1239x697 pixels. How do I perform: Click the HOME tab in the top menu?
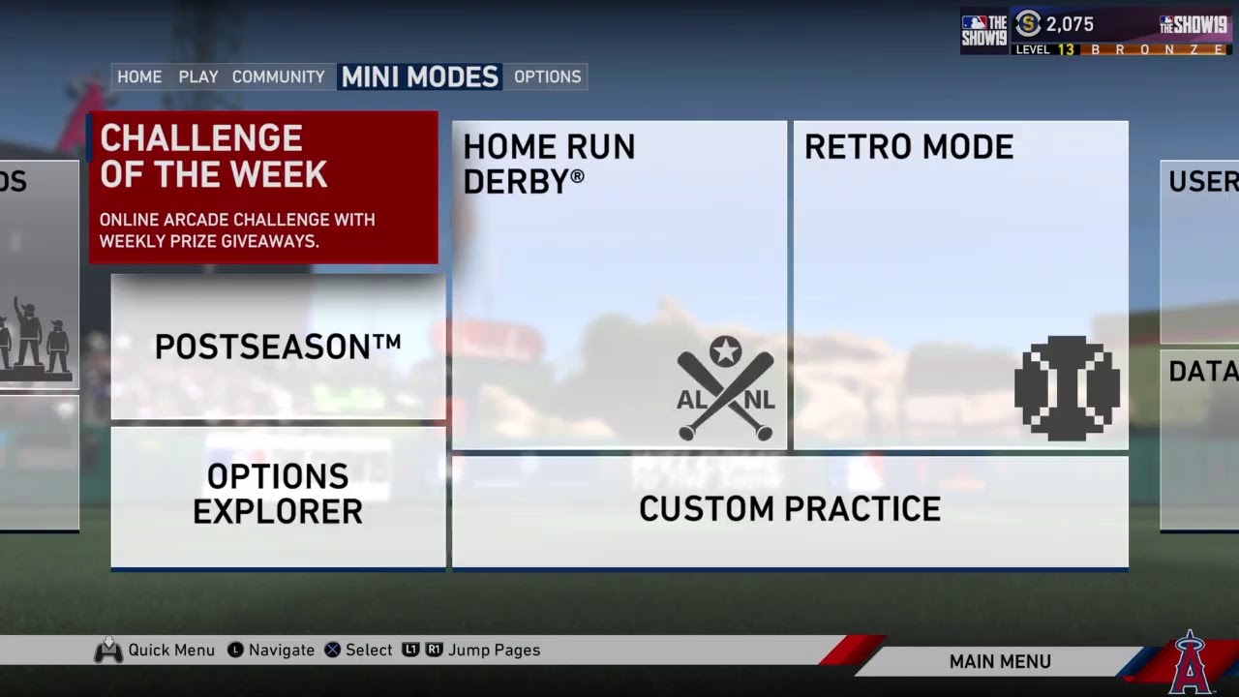pos(139,76)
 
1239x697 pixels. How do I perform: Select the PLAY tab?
pos(198,76)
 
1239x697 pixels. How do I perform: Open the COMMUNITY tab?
pos(278,76)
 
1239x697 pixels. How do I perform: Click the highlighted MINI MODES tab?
pos(420,76)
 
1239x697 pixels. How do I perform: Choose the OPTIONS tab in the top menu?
pos(547,76)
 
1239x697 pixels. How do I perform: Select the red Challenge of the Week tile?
pos(263,188)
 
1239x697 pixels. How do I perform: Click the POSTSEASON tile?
pos(278,347)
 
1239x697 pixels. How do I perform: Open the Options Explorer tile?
pos(278,494)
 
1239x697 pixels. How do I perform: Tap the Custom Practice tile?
pos(789,509)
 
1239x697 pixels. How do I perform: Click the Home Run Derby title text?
pos(549,163)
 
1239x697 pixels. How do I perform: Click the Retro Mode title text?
pos(908,147)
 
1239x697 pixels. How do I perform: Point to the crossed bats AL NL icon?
pos(725,388)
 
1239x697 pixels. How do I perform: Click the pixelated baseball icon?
pos(1067,388)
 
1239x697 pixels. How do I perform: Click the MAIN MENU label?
pos(1000,662)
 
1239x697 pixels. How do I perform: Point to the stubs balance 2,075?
pos(1069,25)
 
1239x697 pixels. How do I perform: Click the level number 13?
pos(1066,49)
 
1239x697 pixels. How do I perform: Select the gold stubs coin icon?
pos(1027,25)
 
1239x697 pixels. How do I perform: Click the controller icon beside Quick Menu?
pos(107,651)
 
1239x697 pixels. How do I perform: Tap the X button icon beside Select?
pos(332,651)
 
